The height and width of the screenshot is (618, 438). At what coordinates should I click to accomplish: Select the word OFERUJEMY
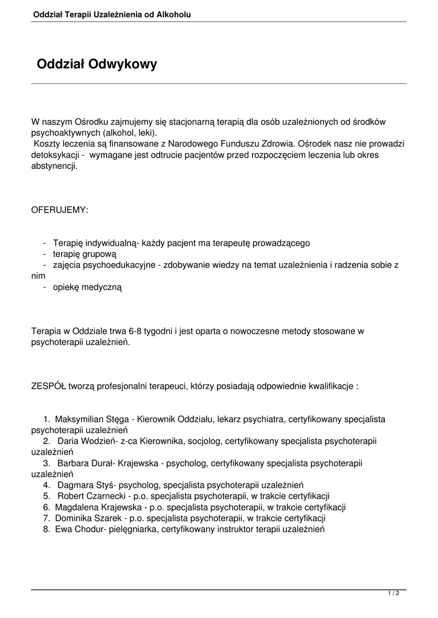coord(59,209)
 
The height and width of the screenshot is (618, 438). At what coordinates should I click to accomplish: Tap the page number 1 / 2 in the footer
coord(393,594)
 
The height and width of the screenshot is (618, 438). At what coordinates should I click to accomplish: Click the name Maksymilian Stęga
coord(93,419)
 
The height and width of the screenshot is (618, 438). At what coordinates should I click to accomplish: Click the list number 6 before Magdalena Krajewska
coord(46,507)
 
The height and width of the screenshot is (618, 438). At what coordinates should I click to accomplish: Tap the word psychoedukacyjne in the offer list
coord(118,265)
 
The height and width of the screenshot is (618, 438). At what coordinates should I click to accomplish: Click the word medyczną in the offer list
coord(101,287)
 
